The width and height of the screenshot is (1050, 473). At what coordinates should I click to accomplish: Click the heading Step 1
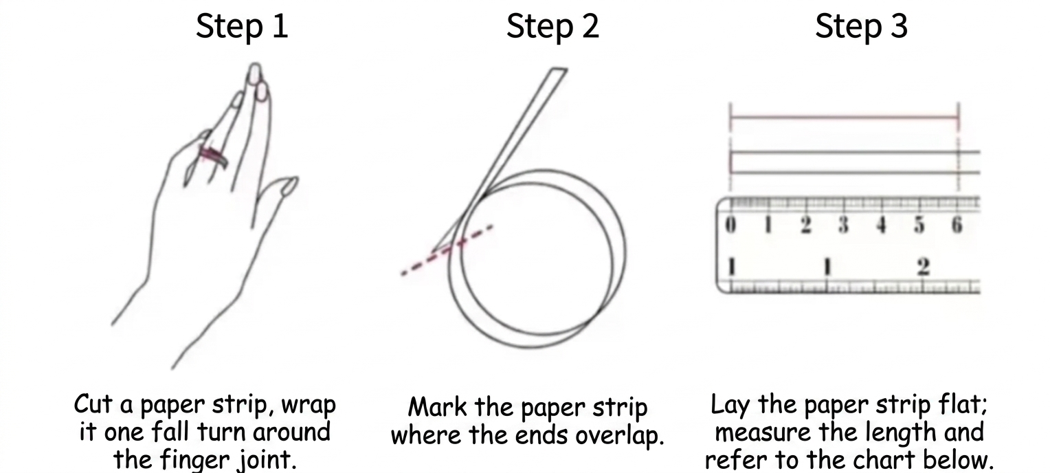tap(242, 27)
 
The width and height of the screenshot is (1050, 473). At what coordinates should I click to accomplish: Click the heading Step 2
tap(552, 27)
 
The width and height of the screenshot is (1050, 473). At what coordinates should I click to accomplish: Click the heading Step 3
tap(861, 27)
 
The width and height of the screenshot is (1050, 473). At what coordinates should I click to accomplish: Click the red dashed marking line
tap(447, 250)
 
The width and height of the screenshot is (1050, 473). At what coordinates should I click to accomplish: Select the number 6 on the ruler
tap(956, 225)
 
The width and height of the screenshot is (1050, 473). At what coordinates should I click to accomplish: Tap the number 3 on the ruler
tap(843, 225)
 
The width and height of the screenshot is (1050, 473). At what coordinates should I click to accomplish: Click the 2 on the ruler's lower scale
tap(924, 267)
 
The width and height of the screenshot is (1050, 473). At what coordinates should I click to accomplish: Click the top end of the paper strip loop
tap(557, 71)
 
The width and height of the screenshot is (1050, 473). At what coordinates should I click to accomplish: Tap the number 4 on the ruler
tap(881, 225)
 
